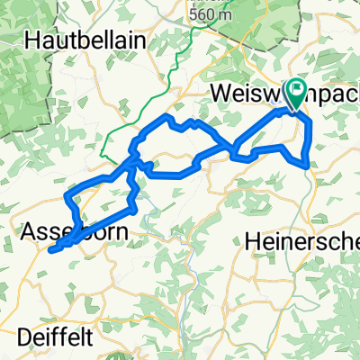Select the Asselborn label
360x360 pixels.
pyautogui.click(x=72, y=231)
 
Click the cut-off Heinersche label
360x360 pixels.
pyautogui.click(x=301, y=240)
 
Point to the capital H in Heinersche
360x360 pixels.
pyautogui.click(x=253, y=240)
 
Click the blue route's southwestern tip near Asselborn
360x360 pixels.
pyautogui.click(x=51, y=249)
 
